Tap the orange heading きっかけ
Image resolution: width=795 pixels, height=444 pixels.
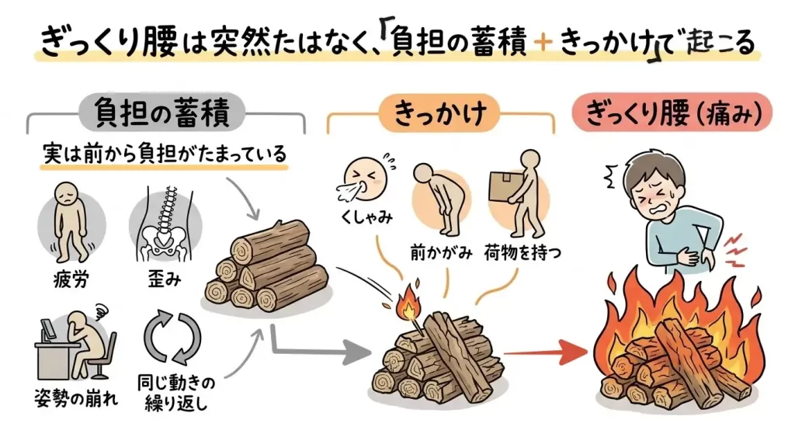[x=440, y=114]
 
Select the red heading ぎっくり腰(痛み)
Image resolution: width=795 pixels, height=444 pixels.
[x=672, y=114]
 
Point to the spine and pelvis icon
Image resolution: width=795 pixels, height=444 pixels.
[x=165, y=224]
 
